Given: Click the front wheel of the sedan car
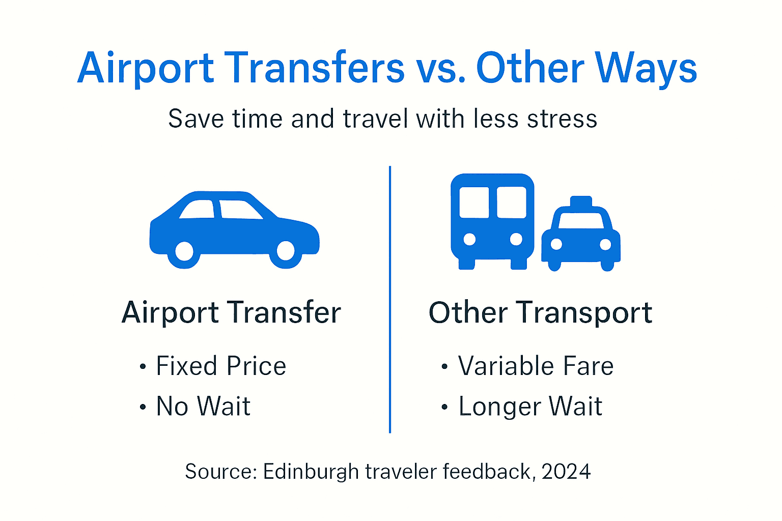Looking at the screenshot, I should (286, 250).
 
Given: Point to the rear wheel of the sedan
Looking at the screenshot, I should (184, 251).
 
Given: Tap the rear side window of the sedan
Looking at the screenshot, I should (198, 209).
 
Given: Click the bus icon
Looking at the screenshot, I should (492, 221).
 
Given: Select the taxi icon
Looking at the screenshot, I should (581, 234).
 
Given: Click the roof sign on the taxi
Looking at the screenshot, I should (581, 201).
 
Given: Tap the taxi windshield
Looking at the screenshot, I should (581, 220).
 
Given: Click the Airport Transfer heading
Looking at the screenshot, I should (231, 312).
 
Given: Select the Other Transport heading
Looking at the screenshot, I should (540, 312).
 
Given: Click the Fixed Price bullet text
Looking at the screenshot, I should (221, 366).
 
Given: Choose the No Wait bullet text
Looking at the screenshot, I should (203, 407).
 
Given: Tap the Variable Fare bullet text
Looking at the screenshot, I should (536, 366).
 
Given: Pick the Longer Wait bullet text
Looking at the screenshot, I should (530, 407).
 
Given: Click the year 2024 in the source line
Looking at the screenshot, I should (566, 472).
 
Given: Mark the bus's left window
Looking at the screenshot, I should (473, 202).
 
